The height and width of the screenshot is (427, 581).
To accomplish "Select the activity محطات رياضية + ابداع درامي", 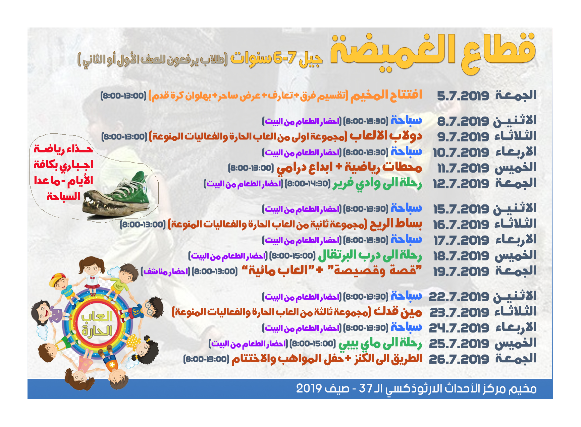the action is click(x=349, y=167).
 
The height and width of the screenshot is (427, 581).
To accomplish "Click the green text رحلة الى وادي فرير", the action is click(x=377, y=183).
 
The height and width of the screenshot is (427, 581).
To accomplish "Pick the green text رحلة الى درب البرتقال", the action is click(x=370, y=255).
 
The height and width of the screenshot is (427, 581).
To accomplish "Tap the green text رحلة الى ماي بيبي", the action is click(x=380, y=343).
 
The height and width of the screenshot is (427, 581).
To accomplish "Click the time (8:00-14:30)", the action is click(x=308, y=184).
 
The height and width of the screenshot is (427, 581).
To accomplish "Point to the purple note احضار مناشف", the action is click(x=165, y=271).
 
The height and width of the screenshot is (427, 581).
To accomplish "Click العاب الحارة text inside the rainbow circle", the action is click(x=97, y=323).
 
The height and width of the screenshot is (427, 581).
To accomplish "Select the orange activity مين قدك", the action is click(x=398, y=312).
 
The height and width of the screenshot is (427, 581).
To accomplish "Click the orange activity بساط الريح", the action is click(x=396, y=224).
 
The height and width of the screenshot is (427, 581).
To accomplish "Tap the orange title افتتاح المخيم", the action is click(x=386, y=95).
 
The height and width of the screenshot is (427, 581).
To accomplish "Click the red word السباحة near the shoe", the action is click(x=63, y=196).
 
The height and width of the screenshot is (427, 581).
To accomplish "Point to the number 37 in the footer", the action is click(x=366, y=388).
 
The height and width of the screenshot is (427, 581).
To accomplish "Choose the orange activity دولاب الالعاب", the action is click(x=386, y=136).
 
